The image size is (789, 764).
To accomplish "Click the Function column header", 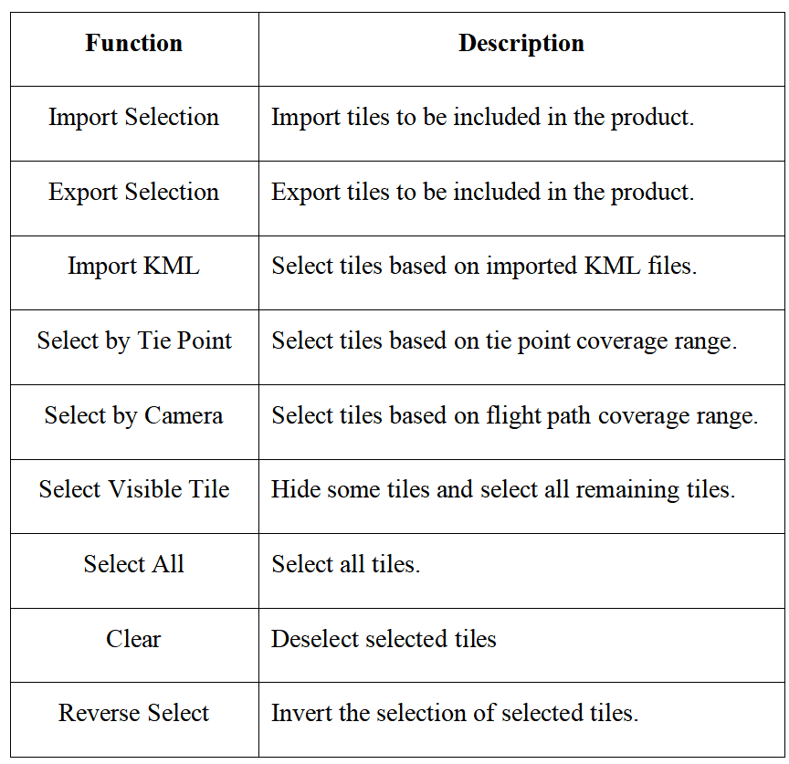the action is [134, 43].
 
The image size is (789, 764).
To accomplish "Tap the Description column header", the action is [521, 43].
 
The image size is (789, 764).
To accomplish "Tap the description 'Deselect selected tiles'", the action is [384, 639].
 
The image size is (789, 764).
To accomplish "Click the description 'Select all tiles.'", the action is [346, 564].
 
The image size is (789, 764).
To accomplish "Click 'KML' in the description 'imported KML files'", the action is [612, 266].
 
